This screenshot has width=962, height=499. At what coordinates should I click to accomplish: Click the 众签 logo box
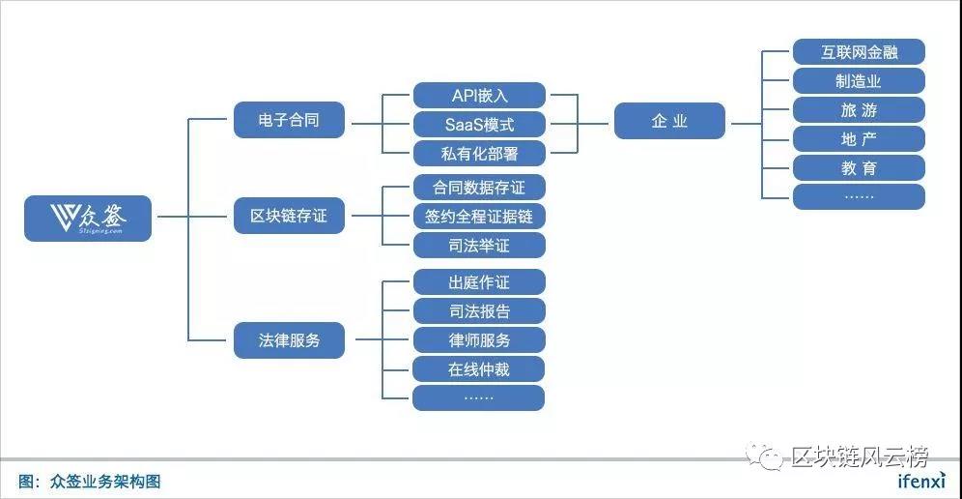click(x=88, y=219)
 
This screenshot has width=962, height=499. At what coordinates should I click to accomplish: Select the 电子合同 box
click(x=289, y=119)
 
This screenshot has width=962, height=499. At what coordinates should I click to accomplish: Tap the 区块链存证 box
click(x=289, y=216)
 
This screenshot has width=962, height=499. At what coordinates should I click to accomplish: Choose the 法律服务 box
click(x=289, y=339)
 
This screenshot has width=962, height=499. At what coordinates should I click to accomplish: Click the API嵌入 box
click(x=479, y=95)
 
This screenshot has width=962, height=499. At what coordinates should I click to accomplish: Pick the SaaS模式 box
click(x=479, y=124)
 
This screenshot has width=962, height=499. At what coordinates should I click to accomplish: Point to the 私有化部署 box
click(x=479, y=153)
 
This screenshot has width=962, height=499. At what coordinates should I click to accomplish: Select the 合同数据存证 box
click(x=479, y=188)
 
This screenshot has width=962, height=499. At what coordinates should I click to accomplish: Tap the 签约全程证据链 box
click(x=479, y=217)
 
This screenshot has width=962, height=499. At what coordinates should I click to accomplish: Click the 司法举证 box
click(x=479, y=246)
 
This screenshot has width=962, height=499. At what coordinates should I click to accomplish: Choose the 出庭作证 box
click(x=479, y=282)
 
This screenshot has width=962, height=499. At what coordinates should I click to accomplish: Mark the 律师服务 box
click(x=479, y=339)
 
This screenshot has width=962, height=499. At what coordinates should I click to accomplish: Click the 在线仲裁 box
click(x=479, y=368)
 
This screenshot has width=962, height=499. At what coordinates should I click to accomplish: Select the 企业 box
click(x=669, y=121)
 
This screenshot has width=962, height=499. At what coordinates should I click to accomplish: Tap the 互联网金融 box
click(x=859, y=51)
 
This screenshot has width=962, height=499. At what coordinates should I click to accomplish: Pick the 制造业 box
click(x=859, y=80)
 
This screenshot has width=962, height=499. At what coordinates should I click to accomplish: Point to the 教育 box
click(x=859, y=167)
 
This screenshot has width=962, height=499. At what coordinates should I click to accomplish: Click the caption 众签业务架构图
click(x=105, y=482)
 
